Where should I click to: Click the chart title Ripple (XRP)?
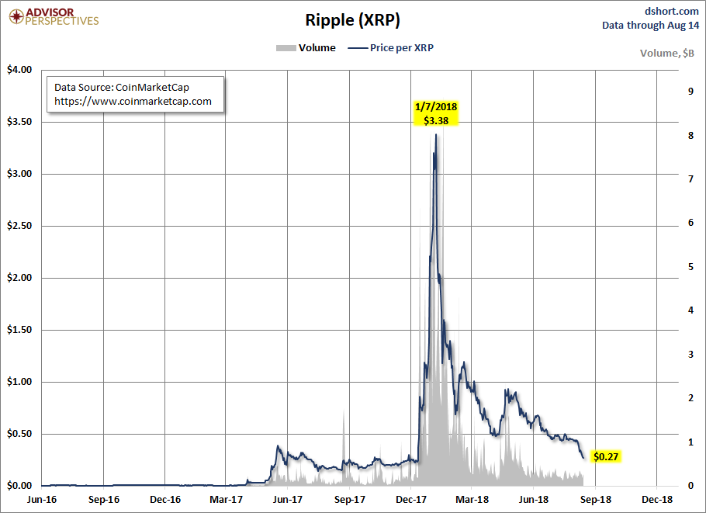(352, 20)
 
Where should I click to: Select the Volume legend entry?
(306, 47)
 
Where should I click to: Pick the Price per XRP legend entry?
(391, 47)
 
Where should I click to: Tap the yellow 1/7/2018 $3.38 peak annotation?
(436, 114)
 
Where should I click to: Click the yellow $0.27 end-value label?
(607, 456)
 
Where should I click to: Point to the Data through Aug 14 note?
(650, 25)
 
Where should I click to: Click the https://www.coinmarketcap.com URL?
(133, 101)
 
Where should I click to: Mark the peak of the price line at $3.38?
(436, 135)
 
